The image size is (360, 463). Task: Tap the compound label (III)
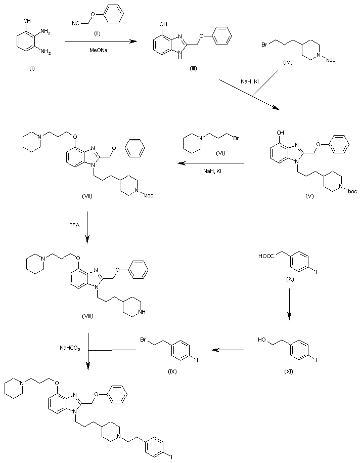point(193,68)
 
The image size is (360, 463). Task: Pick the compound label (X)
point(288,279)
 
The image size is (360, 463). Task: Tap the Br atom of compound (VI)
point(236,137)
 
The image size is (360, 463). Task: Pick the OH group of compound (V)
point(277,136)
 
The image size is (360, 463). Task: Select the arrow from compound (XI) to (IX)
point(228,350)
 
